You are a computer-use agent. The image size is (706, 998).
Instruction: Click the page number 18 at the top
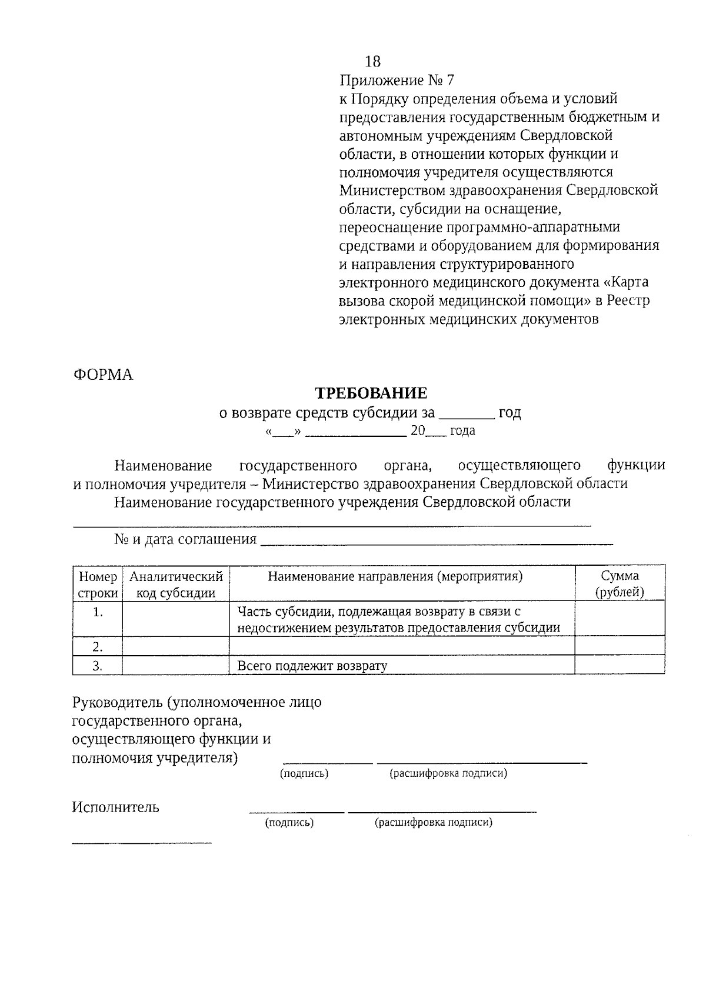point(373,61)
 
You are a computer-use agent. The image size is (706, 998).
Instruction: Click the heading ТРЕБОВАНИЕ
point(371,393)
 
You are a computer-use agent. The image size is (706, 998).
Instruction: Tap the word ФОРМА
point(103,375)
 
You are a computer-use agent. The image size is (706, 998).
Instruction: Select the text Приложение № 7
point(397,80)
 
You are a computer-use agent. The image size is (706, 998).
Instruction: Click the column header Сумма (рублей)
point(620,583)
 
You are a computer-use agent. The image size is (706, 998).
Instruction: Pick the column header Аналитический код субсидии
point(176,584)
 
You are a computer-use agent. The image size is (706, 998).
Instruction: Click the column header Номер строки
point(98,584)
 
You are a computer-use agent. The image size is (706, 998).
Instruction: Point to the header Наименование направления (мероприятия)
point(395,576)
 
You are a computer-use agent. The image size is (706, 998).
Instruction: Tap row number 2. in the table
point(98,647)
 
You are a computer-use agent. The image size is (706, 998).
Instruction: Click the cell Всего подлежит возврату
point(312,666)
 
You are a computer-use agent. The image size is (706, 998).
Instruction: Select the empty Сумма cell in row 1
point(620,619)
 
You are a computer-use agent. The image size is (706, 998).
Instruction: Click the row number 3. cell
point(98,666)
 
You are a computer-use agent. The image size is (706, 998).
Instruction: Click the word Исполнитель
point(115,807)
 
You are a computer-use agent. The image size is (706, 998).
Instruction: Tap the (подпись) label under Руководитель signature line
point(304,773)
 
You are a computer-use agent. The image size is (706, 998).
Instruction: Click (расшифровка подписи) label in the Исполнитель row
point(434,822)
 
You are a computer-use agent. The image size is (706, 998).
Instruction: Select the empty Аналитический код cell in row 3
point(176,666)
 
